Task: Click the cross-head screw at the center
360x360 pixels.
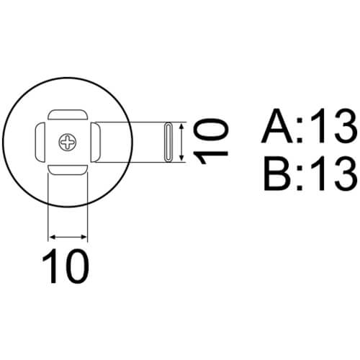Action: pos(68,143)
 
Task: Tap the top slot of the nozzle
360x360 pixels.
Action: pos(68,114)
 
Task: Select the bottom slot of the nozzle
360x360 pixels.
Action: pos(68,170)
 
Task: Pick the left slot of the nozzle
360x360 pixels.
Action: pos(40,142)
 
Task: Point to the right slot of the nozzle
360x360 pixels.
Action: pos(96,142)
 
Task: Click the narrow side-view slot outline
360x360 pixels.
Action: pos(168,143)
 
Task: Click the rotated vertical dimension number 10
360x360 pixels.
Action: pos(210,142)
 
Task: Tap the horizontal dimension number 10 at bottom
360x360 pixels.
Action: pos(66,266)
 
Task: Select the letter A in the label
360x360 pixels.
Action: pos(277,126)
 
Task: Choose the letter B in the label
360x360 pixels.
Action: pos(278,174)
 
